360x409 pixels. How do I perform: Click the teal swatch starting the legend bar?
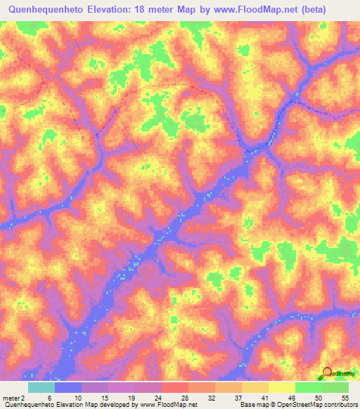tap(41, 387)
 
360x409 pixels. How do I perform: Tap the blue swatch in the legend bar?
tap(68, 387)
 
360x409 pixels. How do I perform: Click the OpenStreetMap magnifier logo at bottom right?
tap(328, 375)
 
